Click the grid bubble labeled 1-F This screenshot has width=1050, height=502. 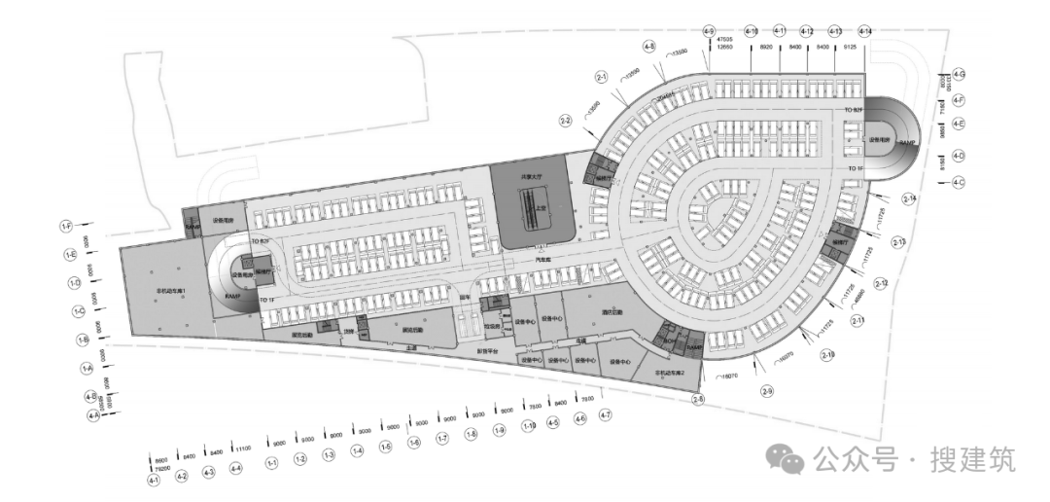[x=67, y=226]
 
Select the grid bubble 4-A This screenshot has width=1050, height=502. [x=93, y=415]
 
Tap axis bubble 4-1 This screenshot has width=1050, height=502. [x=153, y=481]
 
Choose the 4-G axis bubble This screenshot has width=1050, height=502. [x=959, y=74]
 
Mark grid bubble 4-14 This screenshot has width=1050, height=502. [x=865, y=31]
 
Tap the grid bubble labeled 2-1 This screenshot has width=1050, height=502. [x=602, y=75]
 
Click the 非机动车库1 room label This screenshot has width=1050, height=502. [x=171, y=291]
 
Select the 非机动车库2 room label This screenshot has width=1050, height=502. [x=671, y=373]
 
